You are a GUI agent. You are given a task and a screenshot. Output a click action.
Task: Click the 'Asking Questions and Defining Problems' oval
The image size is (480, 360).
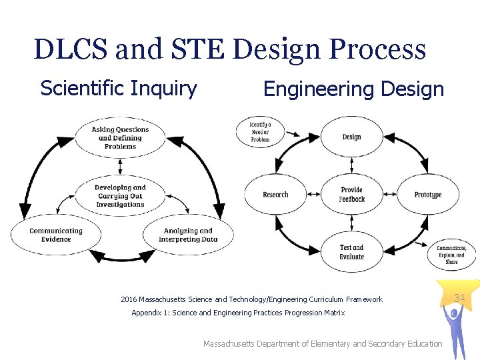pyautogui.click(x=120, y=138)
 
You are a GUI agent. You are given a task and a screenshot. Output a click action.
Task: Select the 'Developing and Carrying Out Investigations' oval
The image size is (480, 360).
pyautogui.click(x=120, y=196)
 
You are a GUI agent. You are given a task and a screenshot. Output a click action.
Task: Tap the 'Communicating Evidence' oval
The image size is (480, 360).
pyautogui.click(x=56, y=235)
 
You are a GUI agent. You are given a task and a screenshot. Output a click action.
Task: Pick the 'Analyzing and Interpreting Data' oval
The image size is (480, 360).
pyautogui.click(x=189, y=235)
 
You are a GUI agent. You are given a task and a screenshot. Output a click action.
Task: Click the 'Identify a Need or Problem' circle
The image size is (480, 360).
pyautogui.click(x=260, y=131)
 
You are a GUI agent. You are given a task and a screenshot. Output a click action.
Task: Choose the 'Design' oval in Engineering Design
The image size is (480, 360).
pyautogui.click(x=351, y=137)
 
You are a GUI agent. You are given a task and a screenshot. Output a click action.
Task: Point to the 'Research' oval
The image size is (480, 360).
pyautogui.click(x=275, y=195)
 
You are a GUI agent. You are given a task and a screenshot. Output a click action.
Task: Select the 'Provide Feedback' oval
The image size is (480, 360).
pyautogui.click(x=351, y=195)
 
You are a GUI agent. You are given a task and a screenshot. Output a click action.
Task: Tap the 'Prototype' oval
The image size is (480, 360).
pyautogui.click(x=428, y=195)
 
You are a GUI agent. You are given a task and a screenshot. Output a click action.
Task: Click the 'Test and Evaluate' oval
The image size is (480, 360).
pyautogui.click(x=351, y=252)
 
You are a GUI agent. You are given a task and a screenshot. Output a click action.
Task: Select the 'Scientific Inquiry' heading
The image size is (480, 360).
pyautogui.click(x=119, y=88)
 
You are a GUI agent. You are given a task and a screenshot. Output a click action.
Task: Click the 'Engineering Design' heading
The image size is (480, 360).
pyautogui.click(x=353, y=89)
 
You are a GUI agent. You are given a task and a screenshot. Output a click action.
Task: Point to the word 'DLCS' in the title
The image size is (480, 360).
pyautogui.click(x=70, y=49)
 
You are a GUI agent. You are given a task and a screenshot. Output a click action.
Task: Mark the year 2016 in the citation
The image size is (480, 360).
pyautogui.click(x=129, y=299)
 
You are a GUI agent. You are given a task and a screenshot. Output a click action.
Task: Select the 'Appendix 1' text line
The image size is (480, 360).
pyautogui.click(x=238, y=313)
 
